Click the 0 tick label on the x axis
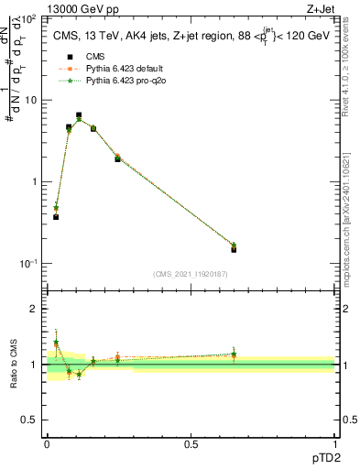tap(47, 445)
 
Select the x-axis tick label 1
tap(334, 445)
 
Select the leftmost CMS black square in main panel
tap(56, 217)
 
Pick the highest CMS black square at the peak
tap(79, 115)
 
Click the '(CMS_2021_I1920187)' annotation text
tap(191, 274)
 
